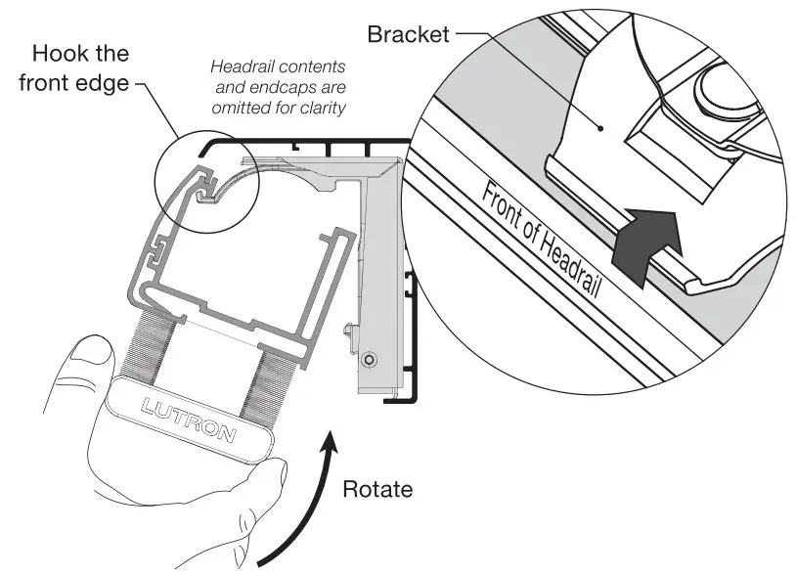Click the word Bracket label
[408, 34]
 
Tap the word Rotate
[377, 488]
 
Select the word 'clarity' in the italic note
[322, 108]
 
